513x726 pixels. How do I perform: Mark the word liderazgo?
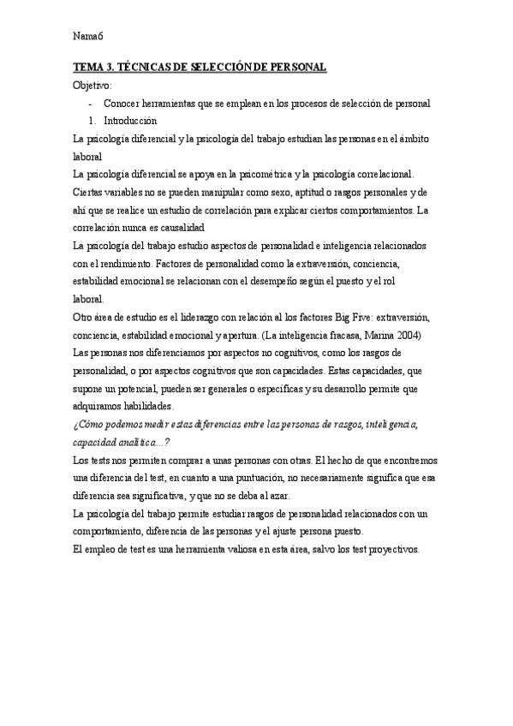(212, 317)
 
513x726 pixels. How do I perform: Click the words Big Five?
(343, 317)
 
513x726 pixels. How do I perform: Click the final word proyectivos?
(390, 549)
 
